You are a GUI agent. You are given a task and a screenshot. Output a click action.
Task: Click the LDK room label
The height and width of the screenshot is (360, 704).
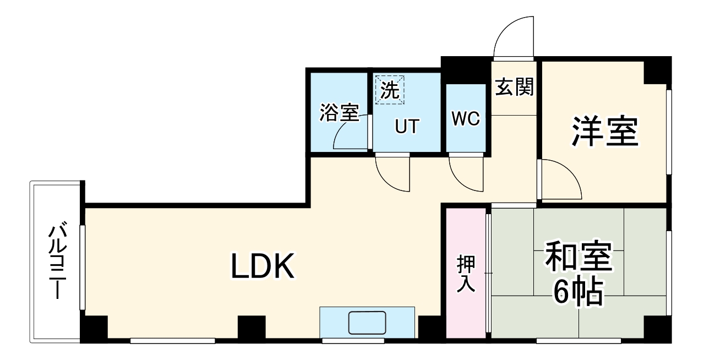[x=263, y=267]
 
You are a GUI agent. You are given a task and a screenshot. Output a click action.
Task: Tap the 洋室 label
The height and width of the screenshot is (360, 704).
[x=604, y=132]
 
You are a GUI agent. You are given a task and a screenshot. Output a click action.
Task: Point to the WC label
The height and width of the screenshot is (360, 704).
[x=466, y=119]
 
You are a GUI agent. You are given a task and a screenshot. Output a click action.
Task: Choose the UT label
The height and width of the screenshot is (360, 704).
[x=407, y=127]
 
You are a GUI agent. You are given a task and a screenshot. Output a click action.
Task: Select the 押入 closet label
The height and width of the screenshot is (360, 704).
[x=466, y=274]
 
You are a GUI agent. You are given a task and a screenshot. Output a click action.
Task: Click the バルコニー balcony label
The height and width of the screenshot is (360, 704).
[x=57, y=261]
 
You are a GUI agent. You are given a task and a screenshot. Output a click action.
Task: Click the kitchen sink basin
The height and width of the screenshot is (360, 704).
[x=368, y=323]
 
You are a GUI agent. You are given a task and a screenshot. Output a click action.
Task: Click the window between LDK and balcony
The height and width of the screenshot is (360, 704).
[x=83, y=267]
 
